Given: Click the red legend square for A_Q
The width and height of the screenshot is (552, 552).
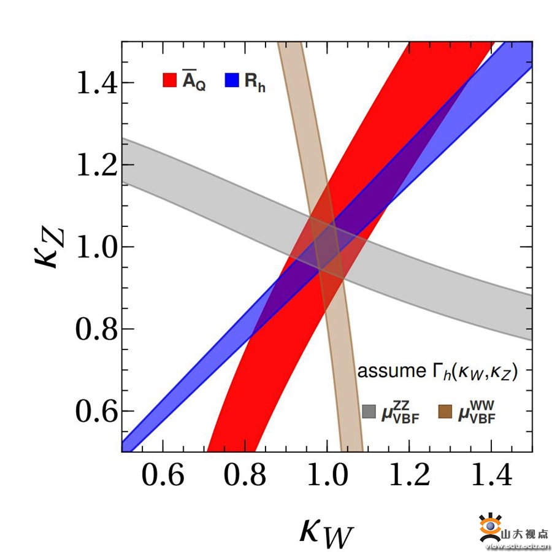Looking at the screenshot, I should (x=169, y=80).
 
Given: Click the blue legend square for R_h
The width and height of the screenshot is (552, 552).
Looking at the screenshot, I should (x=231, y=80).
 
